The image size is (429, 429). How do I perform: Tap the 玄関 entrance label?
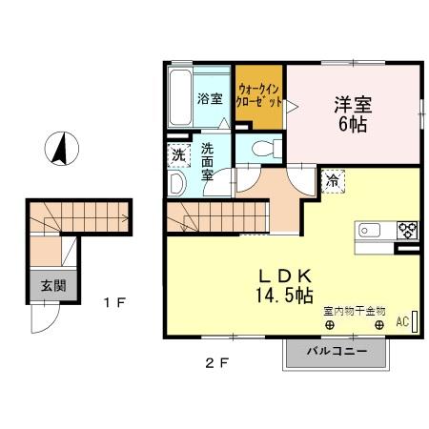[47, 283]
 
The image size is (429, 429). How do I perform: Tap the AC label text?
[402, 323]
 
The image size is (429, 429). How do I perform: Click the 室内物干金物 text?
[354, 311]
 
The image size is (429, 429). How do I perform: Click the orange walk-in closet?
[259, 96]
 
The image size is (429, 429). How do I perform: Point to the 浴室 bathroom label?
[209, 98]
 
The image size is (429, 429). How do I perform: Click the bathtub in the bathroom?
[178, 97]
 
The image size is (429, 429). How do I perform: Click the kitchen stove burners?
[407, 230]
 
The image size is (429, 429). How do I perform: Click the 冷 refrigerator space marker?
[334, 178]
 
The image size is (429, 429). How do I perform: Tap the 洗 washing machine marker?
[178, 155]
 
